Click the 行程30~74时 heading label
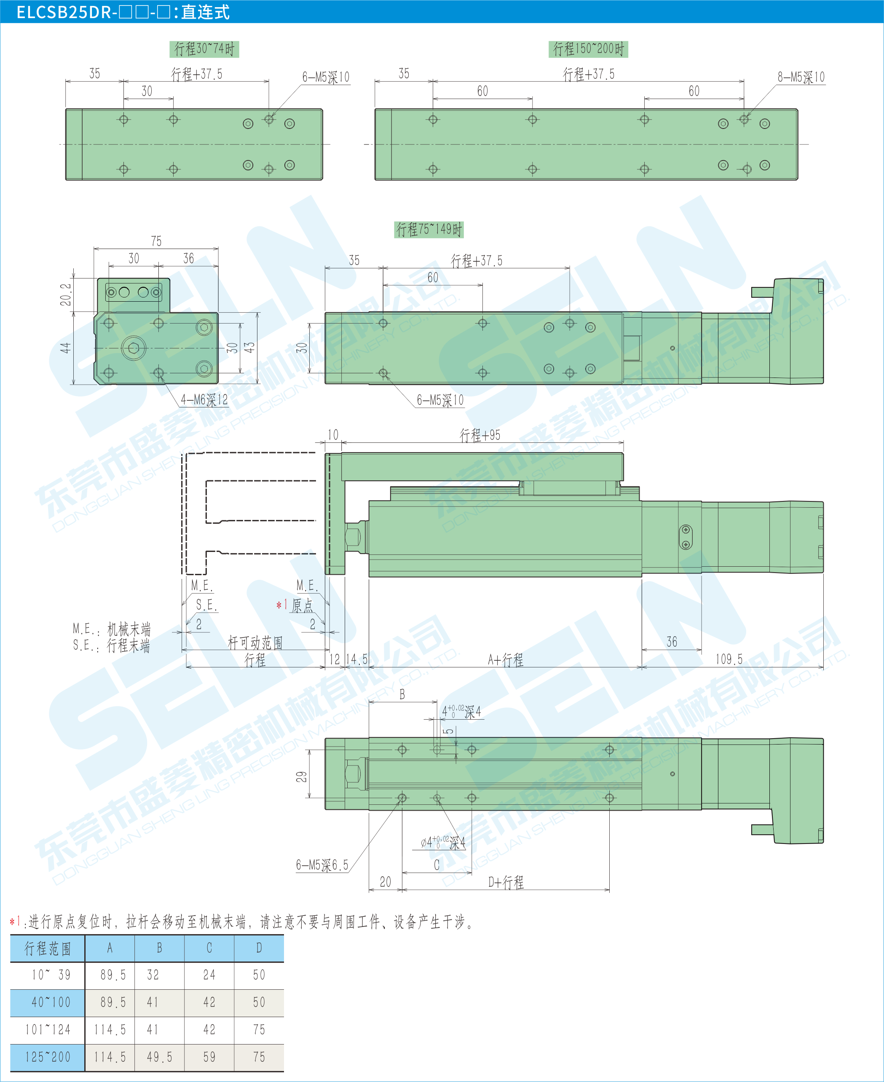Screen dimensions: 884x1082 click(x=204, y=49)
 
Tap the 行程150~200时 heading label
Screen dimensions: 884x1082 click(x=588, y=49)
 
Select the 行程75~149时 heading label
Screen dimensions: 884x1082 click(x=429, y=230)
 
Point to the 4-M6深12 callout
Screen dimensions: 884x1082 click(x=204, y=400)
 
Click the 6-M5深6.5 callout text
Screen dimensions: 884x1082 click(x=322, y=865)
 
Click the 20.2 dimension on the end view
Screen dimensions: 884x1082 click(x=66, y=294)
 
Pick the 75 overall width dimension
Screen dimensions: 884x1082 click(x=156, y=241)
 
